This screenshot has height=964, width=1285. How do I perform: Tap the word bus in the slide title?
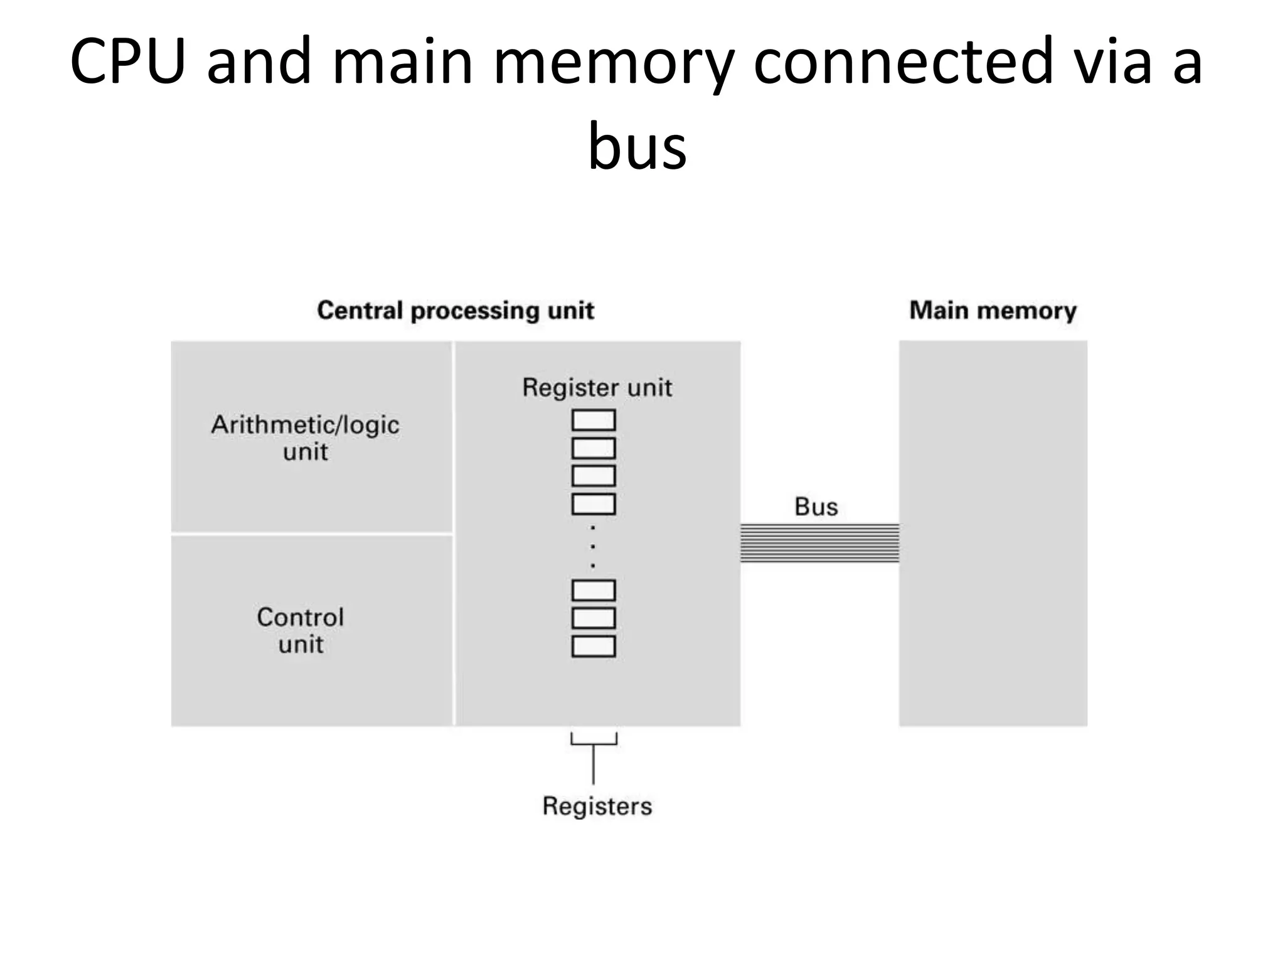(x=637, y=147)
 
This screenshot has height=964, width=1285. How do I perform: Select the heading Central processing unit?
(x=455, y=311)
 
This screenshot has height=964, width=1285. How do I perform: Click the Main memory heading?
(x=993, y=311)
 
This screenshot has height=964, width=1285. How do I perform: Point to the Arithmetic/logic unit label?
(x=305, y=438)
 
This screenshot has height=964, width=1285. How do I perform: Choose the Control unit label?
(x=301, y=630)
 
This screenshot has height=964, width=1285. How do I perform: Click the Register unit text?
(x=597, y=388)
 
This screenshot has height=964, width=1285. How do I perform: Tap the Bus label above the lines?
(x=816, y=506)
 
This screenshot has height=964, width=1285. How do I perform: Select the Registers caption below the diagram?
(x=597, y=806)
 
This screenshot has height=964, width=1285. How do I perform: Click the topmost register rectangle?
(x=594, y=420)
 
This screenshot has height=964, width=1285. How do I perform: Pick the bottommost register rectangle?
(x=594, y=646)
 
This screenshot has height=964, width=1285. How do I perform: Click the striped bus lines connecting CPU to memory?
(x=819, y=543)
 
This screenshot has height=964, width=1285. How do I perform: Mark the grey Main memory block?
(x=993, y=533)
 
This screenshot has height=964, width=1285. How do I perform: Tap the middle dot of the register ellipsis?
(x=594, y=547)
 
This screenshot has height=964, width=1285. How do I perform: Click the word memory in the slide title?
(x=614, y=62)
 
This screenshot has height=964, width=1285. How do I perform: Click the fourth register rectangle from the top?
(x=594, y=504)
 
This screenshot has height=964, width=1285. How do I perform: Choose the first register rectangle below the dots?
(x=594, y=591)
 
